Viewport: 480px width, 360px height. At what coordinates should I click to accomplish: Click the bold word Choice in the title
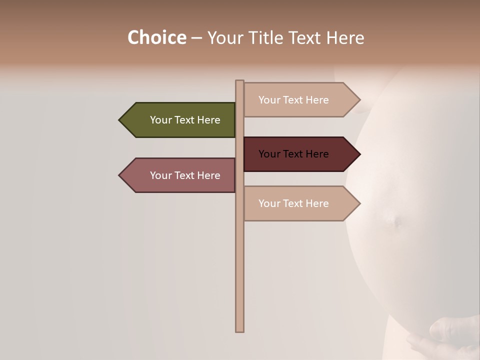[x=156, y=37]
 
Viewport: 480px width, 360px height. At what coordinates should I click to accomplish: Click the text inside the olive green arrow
[x=185, y=120]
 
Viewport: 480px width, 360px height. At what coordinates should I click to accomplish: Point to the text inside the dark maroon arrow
[x=293, y=154]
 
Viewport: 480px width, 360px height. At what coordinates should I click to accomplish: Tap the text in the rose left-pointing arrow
[x=185, y=175]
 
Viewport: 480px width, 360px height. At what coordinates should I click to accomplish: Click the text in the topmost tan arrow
[x=293, y=100]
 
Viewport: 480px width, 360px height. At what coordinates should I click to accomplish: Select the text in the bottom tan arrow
[x=293, y=203]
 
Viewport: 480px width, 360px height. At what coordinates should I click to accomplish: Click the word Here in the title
[x=345, y=37]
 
